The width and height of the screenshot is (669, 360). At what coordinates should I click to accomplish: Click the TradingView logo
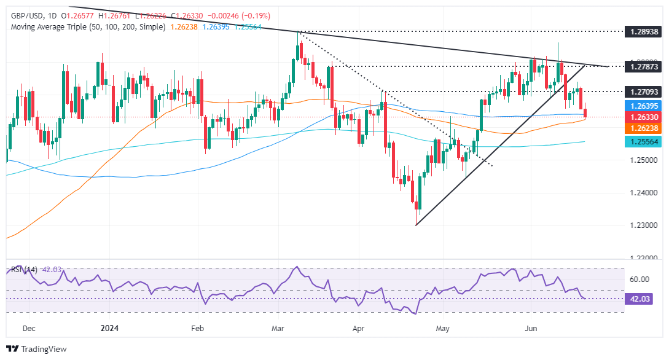[x=37, y=349]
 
